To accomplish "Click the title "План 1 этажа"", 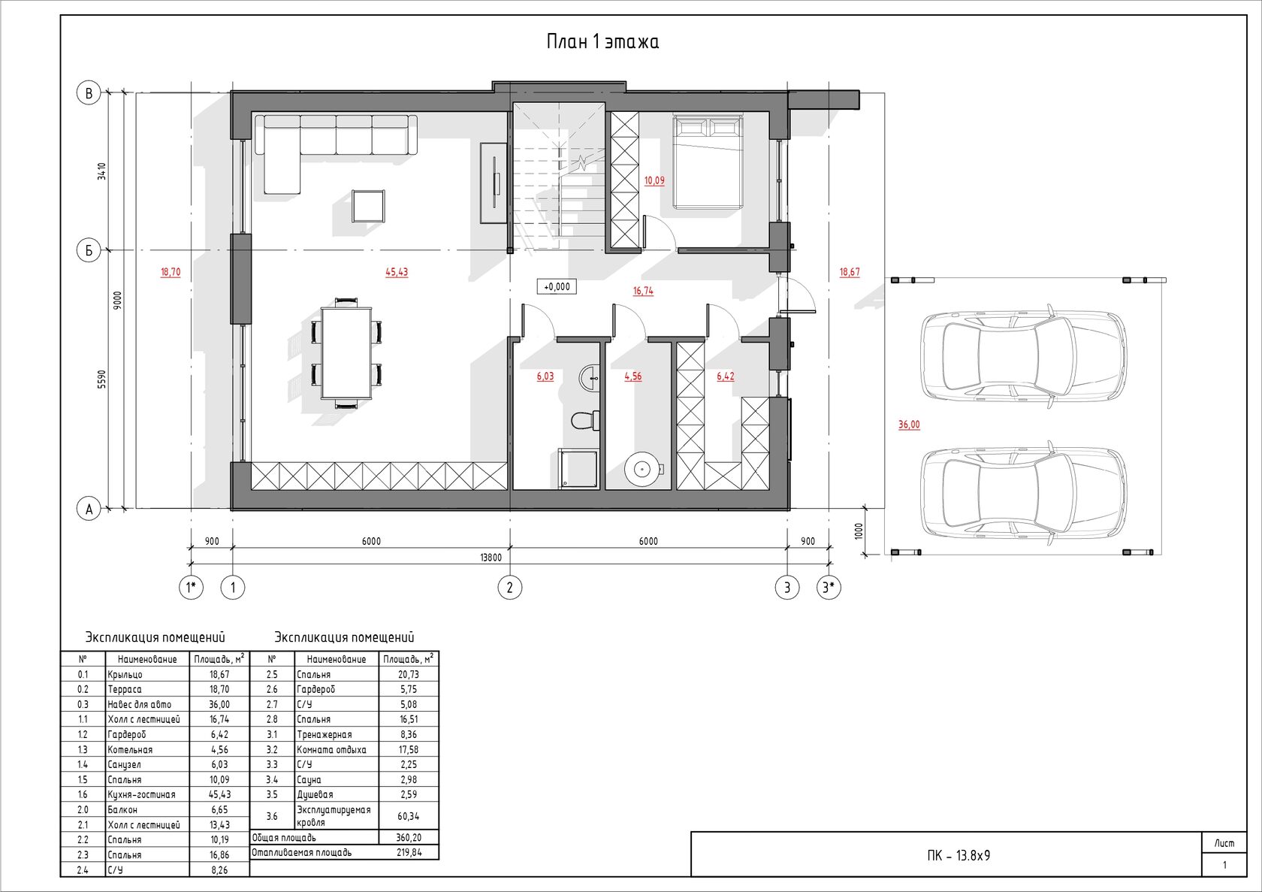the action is point(602,41).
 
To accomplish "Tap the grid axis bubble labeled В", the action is point(89,93).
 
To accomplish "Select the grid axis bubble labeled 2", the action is point(510,588).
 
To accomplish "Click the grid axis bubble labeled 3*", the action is point(829,588).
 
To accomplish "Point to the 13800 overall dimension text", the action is point(491,558).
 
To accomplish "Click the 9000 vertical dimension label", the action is point(117,301).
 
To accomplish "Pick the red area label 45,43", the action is point(397,272).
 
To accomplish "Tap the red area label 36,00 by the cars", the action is point(909,425).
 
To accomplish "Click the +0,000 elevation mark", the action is point(557,287).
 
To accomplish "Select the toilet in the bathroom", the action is point(584,421).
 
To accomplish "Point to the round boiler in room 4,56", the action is point(642,468).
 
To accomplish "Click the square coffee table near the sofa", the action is point(368,206).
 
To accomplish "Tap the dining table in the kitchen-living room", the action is point(346,352).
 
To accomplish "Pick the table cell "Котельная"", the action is point(130,750).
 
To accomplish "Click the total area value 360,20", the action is point(409,838).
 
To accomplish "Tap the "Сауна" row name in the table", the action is point(309,780).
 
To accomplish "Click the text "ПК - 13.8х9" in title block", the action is point(959,855).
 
